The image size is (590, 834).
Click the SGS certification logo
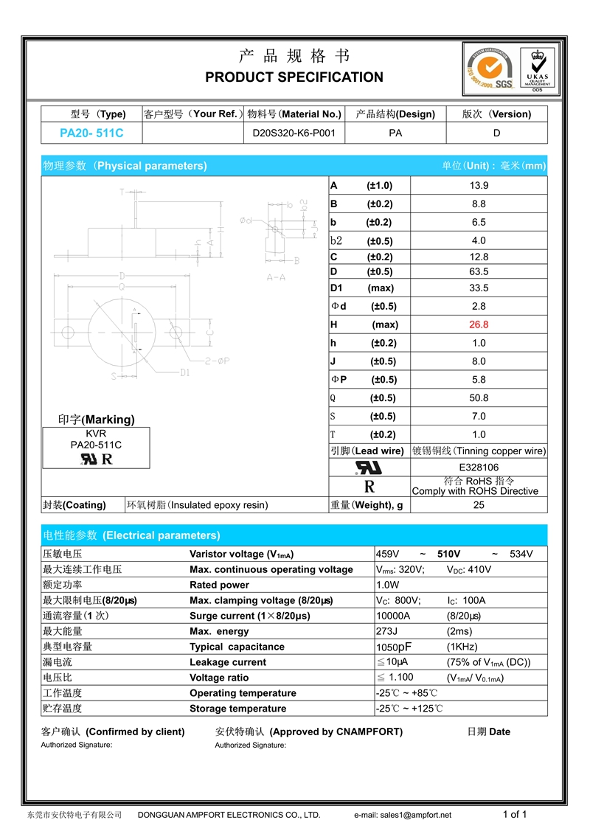click(x=487, y=70)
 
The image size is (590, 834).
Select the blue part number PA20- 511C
click(x=91, y=133)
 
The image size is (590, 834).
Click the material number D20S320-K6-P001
click(x=294, y=133)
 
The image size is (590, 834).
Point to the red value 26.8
click(x=479, y=324)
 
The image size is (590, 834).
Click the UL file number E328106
click(x=479, y=468)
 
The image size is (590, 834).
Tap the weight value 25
click(x=479, y=505)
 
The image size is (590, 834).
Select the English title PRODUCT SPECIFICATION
click(x=294, y=77)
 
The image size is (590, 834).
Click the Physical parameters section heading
click(x=125, y=166)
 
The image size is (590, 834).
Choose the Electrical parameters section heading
click(x=131, y=535)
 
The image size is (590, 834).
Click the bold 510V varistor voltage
click(x=449, y=554)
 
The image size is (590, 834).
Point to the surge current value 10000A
click(x=393, y=616)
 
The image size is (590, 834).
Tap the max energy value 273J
click(x=386, y=631)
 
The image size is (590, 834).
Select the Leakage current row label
click(x=228, y=662)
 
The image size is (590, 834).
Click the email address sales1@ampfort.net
click(x=403, y=815)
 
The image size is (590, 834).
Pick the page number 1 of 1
click(x=515, y=814)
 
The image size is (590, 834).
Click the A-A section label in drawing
click(x=276, y=277)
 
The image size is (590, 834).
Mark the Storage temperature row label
click(x=237, y=709)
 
